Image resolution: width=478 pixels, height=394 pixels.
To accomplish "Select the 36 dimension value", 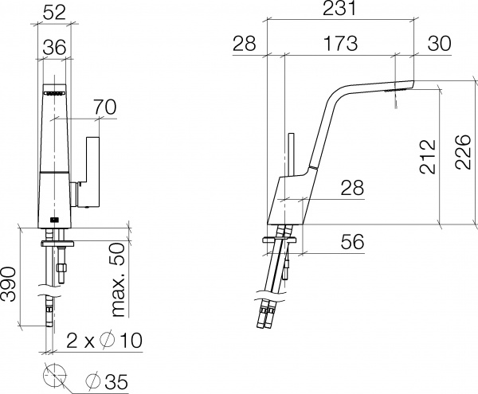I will click(55, 49).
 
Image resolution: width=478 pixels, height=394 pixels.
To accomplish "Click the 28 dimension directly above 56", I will click(351, 189).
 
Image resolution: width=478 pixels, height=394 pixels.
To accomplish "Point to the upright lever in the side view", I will click(291, 153).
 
